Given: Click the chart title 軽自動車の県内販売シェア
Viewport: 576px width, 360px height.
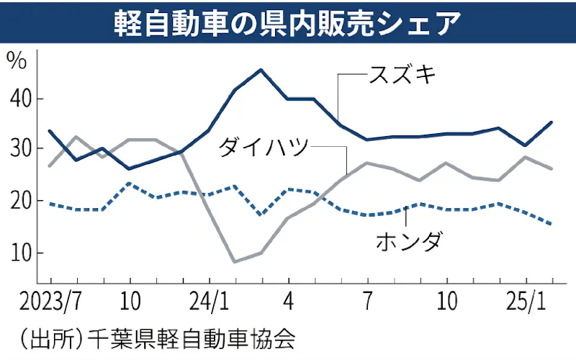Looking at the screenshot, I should point(287,23).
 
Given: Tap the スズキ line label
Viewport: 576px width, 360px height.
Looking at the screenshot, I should point(402,74).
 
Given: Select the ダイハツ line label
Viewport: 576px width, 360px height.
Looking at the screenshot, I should point(263,148).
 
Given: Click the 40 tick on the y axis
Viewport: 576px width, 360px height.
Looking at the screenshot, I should point(20,98).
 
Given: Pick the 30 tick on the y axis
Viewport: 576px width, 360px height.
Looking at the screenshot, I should point(20,149).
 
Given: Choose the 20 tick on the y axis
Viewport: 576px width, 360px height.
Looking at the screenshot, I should point(20,201).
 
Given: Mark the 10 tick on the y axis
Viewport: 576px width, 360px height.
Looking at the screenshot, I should point(20,253).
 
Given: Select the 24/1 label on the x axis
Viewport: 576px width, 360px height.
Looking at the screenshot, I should point(209,300).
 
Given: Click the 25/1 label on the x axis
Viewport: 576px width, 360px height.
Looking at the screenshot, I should point(527,300).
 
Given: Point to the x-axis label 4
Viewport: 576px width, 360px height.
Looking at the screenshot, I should point(288,300).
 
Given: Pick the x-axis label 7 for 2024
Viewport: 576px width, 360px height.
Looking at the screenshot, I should point(367,300).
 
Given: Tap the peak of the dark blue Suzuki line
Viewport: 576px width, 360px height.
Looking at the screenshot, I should point(261,70).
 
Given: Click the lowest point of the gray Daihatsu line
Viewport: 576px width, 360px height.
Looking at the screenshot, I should point(235,261).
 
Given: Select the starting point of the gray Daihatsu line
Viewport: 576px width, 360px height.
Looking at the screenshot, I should point(49,166).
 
